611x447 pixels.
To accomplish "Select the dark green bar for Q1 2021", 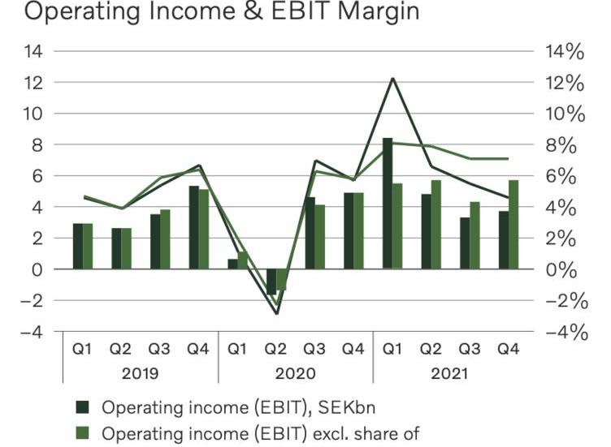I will click(388, 203).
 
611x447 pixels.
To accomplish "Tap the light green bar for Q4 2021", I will click(513, 224).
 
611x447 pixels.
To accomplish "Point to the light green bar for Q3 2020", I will click(320, 236).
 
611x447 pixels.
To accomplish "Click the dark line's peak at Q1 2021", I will click(392, 79).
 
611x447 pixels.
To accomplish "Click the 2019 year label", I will click(140, 374).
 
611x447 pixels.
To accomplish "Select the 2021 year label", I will click(450, 374).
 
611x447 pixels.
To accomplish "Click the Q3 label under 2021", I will click(470, 349).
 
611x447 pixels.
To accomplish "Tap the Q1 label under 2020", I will click(237, 349).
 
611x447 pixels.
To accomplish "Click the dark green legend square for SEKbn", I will click(82, 406).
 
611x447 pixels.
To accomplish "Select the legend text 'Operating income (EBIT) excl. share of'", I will click(260, 433).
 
